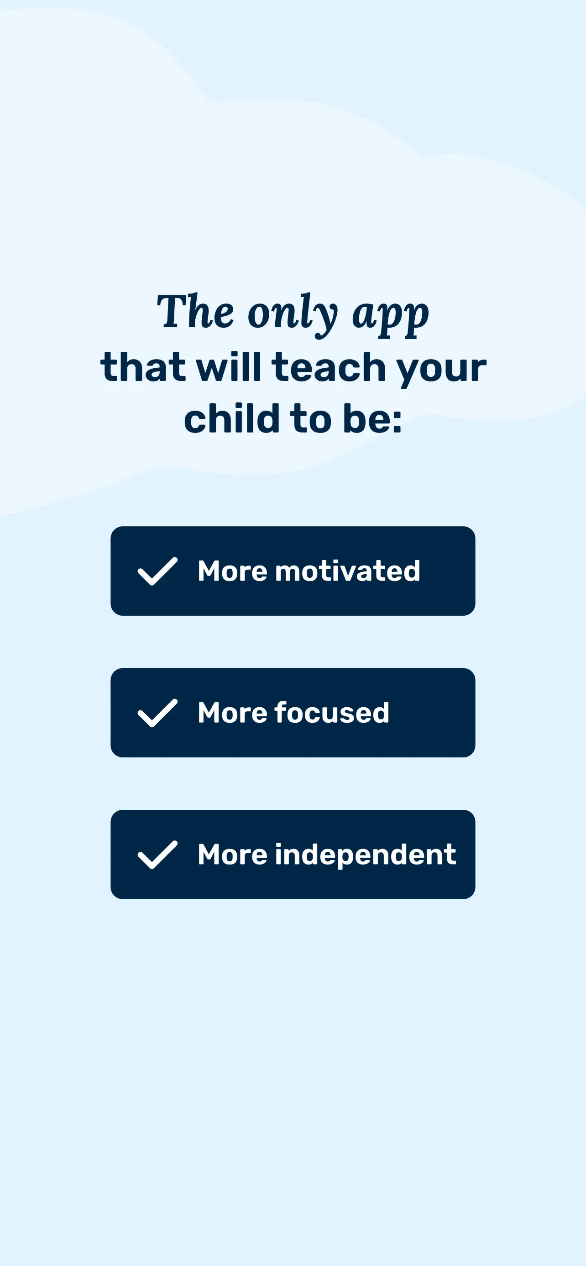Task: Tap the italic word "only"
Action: point(292,314)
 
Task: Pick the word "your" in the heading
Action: point(441,371)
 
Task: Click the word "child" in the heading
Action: point(232,418)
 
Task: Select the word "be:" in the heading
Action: point(372,418)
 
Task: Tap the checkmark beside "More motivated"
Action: point(157,571)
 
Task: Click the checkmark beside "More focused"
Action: point(157,713)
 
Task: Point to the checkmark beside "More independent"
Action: point(157,854)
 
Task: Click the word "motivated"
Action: point(347,571)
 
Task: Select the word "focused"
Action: point(332,713)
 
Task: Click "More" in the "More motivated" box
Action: point(232,571)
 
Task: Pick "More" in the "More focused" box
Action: point(232,713)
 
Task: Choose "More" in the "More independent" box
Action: point(232,854)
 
